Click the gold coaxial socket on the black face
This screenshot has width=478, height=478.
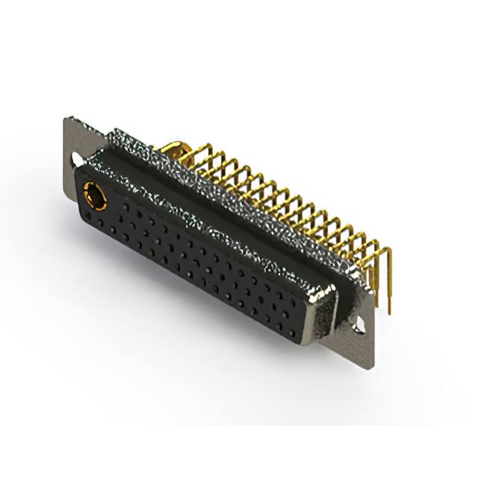click(95, 196)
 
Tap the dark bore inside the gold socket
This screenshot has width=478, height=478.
click(94, 196)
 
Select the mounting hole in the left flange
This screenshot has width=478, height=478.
click(78, 159)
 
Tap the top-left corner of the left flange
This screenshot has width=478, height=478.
click(66, 118)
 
